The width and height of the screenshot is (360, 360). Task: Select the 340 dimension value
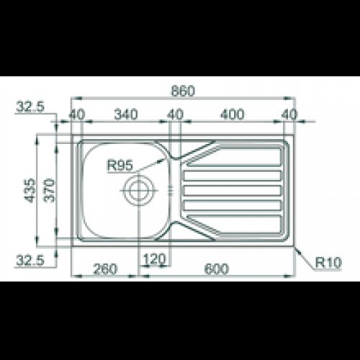127,114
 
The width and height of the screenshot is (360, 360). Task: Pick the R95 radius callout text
119,166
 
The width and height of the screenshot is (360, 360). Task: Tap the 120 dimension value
155,258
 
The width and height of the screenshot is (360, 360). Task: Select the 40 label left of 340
77,114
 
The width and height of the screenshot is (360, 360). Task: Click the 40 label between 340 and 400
175,114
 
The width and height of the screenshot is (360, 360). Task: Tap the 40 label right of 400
289,114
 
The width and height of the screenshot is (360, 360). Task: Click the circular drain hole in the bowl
138,190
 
